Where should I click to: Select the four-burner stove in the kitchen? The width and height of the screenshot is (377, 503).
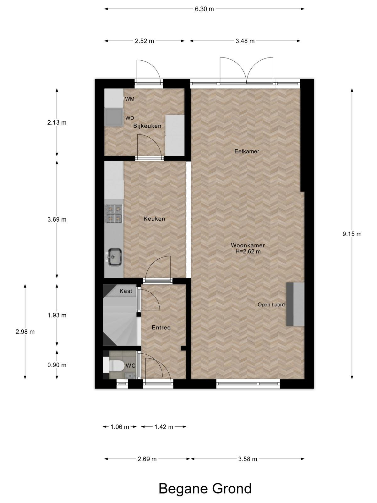[x=114, y=214]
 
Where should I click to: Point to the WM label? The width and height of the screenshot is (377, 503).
[x=129, y=99]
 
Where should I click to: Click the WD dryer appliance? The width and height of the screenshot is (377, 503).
[x=114, y=117]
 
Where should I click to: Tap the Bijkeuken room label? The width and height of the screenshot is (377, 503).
[x=147, y=126]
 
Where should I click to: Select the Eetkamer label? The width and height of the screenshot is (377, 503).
[x=247, y=151]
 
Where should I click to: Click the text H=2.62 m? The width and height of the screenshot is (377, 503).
[x=248, y=251]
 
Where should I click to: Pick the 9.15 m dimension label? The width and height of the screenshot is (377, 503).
[x=352, y=234]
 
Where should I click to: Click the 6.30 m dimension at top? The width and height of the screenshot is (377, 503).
[x=205, y=9]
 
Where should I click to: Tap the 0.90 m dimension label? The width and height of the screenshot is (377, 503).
[x=57, y=365]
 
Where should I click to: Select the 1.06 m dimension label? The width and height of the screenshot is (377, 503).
[x=120, y=427]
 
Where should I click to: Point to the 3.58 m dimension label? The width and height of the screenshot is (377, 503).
[x=248, y=459]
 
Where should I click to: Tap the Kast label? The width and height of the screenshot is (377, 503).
[x=126, y=291]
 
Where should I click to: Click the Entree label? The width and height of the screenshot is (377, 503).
[x=161, y=328]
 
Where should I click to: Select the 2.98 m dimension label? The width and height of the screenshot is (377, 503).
[x=25, y=332]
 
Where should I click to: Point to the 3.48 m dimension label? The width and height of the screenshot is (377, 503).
[x=245, y=41]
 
